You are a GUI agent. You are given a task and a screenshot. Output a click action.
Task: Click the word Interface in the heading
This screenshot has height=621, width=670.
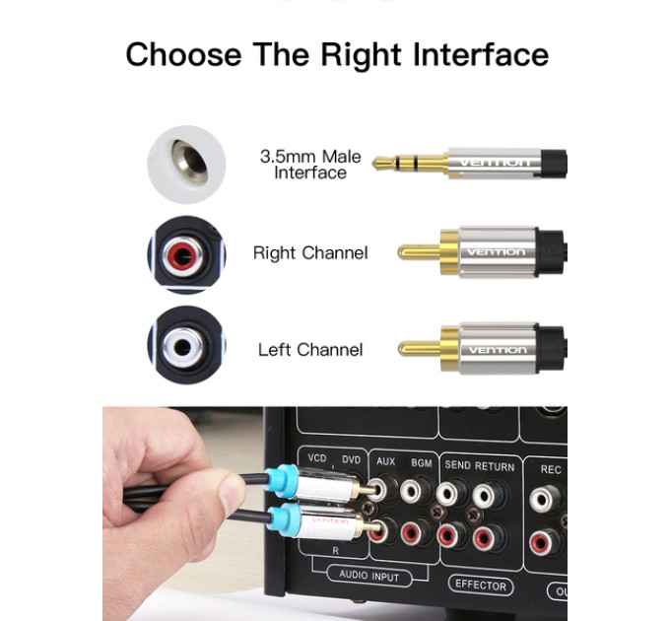(481, 54)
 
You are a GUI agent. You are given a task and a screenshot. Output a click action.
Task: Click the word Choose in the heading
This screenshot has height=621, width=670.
(183, 54)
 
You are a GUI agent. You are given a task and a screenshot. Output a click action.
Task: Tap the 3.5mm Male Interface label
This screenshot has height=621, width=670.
(310, 165)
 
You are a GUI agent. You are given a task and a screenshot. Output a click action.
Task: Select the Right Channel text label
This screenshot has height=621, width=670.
(310, 253)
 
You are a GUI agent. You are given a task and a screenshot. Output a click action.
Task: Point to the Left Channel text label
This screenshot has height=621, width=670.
(310, 350)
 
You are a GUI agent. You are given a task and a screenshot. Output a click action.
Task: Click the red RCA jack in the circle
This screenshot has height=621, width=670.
(183, 256)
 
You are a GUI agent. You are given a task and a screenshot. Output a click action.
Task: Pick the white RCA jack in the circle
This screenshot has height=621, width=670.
(183, 348)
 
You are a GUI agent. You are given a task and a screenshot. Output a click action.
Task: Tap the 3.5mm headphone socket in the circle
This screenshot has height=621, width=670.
(189, 162)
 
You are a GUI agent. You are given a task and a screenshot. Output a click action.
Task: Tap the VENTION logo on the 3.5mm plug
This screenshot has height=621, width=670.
(496, 163)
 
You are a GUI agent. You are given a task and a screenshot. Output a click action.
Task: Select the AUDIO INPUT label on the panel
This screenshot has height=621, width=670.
(369, 576)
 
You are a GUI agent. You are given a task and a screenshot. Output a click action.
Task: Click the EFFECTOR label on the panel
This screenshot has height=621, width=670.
(481, 585)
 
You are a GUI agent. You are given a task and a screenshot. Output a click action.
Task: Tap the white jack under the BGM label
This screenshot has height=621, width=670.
(414, 492)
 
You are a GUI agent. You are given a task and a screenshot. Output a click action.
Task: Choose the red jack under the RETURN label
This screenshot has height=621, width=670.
(488, 538)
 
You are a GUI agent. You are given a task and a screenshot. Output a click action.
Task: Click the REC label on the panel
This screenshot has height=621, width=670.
(551, 470)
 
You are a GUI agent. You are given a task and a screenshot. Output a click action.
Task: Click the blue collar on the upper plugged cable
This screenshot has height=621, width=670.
(280, 482)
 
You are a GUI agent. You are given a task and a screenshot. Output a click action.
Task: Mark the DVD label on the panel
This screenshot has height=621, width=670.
(351, 460)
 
